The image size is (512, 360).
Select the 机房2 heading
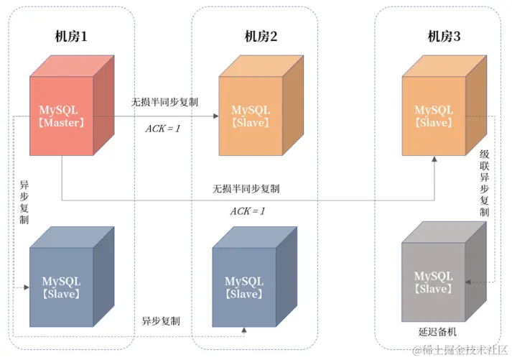pos(261,37)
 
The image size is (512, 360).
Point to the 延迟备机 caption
pos(437,332)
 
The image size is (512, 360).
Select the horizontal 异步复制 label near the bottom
pos(161,320)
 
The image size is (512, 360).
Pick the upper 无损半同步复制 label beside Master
pos(164,102)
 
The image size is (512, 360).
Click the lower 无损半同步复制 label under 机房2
pos(246,189)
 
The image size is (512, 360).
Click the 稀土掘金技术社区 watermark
pos(459,349)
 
